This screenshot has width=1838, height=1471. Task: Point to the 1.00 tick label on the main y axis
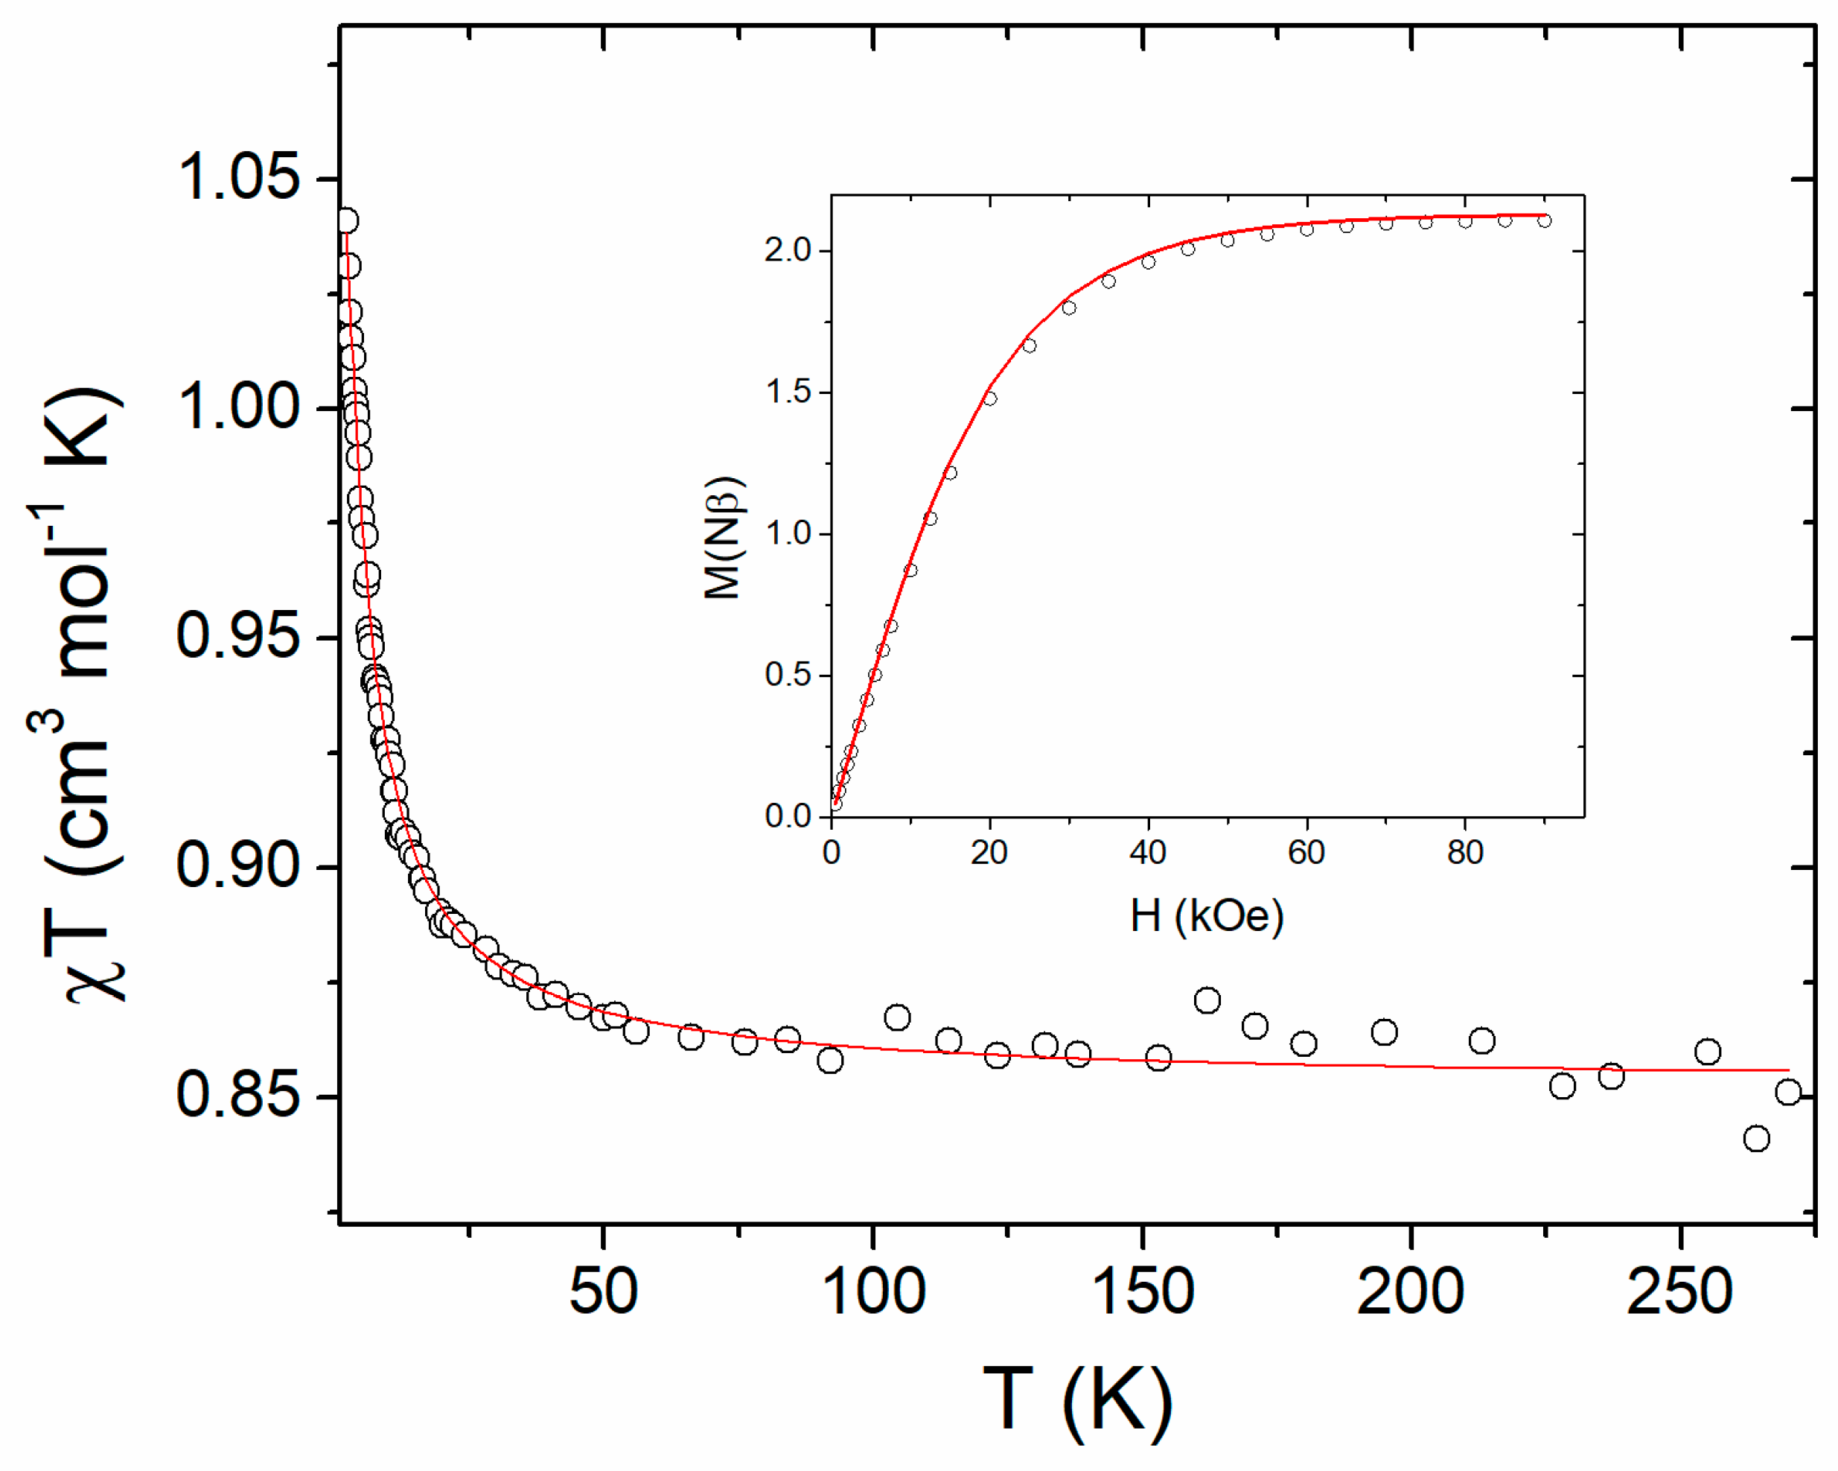238,407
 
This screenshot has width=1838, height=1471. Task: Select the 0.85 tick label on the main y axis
238,1095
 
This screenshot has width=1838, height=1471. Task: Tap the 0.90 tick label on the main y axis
238,865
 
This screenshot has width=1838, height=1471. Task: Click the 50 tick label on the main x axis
603,1290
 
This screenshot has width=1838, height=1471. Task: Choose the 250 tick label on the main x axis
1679,1290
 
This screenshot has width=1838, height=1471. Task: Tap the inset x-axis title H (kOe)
1206,917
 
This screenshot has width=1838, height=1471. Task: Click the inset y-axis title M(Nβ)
722,538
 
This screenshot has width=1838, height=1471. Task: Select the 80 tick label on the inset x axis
1464,852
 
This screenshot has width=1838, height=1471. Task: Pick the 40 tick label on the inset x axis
1147,852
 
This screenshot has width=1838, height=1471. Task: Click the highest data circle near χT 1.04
346,221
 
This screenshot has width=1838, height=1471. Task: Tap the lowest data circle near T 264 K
1756,1138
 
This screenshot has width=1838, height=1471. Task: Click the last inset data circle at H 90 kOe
1544,221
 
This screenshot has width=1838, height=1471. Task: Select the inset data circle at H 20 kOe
990,398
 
